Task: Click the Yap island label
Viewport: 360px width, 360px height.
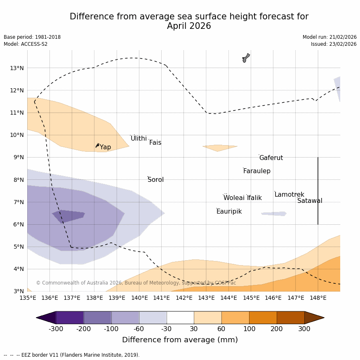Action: [x=105, y=147]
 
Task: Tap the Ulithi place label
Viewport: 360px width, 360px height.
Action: [x=139, y=139]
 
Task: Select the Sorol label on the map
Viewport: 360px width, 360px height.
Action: [x=155, y=180]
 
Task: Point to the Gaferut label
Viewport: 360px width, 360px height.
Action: [x=271, y=158]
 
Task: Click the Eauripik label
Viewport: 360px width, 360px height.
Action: [x=229, y=212]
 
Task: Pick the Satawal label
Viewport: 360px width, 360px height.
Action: [x=310, y=201]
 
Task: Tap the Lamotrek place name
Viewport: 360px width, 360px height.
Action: [x=289, y=195]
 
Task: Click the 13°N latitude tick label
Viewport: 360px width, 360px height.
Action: [x=16, y=68]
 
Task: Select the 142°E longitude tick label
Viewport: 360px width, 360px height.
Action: [x=184, y=298]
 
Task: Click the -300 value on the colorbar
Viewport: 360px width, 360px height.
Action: [x=56, y=329]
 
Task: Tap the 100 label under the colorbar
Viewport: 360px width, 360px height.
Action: [x=249, y=329]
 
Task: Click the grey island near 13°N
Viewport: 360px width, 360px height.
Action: [x=246, y=58]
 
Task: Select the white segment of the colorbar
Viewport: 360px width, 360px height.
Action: [x=180, y=318]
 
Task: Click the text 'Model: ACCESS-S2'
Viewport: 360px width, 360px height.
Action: [x=26, y=44]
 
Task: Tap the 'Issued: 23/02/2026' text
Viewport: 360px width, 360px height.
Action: [x=334, y=44]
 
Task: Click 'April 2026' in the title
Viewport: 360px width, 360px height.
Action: [x=189, y=26]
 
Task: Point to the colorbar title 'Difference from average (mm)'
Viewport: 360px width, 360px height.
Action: [x=180, y=340]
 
